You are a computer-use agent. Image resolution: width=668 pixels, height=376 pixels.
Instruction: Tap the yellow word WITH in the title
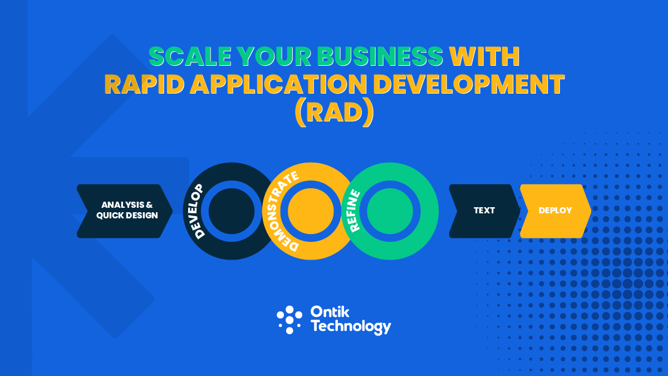tap(485, 57)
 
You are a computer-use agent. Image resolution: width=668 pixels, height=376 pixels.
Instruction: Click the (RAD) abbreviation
tap(334, 113)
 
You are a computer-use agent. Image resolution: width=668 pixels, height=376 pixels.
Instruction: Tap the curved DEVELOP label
tap(198, 210)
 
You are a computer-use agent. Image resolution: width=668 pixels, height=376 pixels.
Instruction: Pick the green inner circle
tap(390, 211)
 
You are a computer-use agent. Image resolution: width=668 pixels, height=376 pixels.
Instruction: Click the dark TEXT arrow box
tap(483, 211)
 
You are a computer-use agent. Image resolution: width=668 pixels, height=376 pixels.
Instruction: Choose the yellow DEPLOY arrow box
tap(555, 211)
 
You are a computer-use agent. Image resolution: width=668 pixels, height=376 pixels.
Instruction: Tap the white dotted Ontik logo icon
tap(289, 320)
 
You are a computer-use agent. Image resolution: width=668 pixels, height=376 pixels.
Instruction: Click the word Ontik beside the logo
tap(331, 312)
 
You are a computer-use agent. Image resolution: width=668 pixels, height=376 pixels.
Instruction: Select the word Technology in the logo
tap(351, 326)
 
